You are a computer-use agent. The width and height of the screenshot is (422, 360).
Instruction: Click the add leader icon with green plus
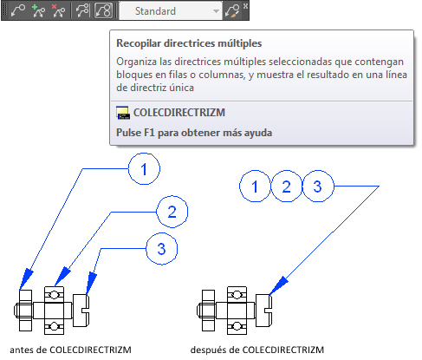click(x=39, y=11)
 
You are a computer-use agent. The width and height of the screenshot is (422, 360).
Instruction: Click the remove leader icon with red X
click(x=58, y=11)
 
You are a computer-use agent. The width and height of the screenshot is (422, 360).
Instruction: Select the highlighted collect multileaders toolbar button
click(x=103, y=11)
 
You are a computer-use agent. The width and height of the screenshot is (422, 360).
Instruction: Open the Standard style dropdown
click(x=171, y=11)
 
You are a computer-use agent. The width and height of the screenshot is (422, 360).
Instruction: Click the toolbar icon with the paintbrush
click(x=232, y=11)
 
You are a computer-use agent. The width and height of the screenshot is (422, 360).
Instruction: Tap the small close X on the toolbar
click(x=245, y=5)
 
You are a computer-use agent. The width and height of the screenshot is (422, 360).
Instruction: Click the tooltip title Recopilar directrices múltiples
click(x=189, y=43)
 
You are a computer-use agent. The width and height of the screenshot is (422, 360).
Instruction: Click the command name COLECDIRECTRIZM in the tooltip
click(x=179, y=113)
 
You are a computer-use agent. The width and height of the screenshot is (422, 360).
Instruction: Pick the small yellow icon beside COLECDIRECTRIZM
click(x=123, y=113)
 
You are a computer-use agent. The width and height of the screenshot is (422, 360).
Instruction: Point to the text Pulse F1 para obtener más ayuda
click(x=194, y=133)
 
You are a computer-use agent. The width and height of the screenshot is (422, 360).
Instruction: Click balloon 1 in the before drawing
click(x=144, y=169)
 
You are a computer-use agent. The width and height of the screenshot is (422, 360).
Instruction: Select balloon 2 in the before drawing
click(x=172, y=212)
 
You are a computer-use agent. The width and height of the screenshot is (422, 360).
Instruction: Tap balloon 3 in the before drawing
click(x=161, y=249)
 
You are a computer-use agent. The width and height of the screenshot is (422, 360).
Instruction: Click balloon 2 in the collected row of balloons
click(x=286, y=187)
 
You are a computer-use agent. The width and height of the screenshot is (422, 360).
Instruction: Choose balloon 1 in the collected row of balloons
click(x=255, y=187)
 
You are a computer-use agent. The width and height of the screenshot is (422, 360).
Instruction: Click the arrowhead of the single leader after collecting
click(x=278, y=285)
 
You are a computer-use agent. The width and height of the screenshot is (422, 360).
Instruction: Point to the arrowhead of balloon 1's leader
click(x=26, y=278)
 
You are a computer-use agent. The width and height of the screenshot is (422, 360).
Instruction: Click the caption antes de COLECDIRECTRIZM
click(x=70, y=350)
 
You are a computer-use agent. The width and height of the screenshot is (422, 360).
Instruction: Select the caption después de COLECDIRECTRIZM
click(x=257, y=350)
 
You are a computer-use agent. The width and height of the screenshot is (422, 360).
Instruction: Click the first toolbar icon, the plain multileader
click(x=18, y=11)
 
